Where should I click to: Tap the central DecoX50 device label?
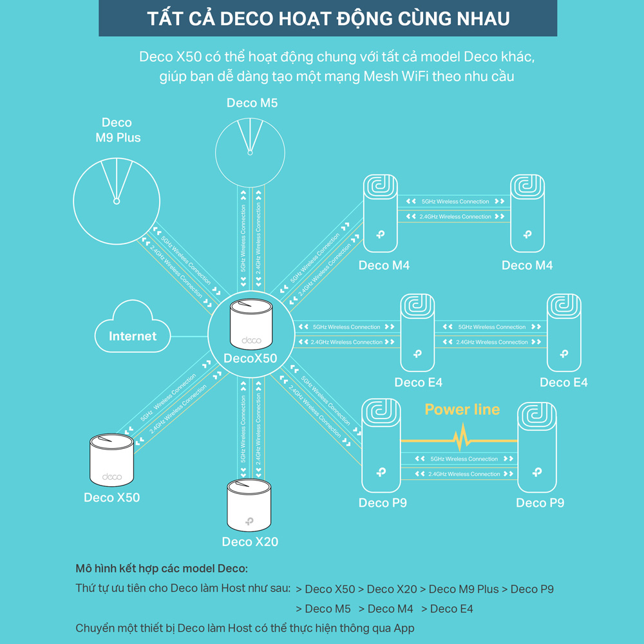click(x=250, y=358)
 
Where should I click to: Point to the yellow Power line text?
click(x=462, y=410)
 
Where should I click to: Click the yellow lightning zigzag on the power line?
click(x=462, y=440)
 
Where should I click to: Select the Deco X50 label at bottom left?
click(x=111, y=497)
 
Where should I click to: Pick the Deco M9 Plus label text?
click(x=117, y=129)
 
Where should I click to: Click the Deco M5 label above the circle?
click(x=252, y=102)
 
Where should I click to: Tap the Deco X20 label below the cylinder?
click(x=250, y=542)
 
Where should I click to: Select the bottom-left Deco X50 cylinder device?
click(x=111, y=459)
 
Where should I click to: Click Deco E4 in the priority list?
click(x=451, y=609)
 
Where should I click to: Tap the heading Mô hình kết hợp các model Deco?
click(x=161, y=569)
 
